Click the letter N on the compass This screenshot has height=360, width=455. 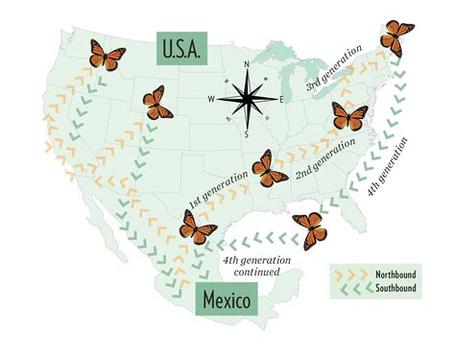[x=247, y=65]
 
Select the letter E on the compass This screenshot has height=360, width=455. [x=280, y=100]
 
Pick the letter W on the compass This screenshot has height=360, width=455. [x=211, y=99]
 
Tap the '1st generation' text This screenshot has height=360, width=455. [x=217, y=193]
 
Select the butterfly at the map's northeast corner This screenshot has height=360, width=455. [x=395, y=38]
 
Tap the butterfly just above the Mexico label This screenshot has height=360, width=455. [x=198, y=228]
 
